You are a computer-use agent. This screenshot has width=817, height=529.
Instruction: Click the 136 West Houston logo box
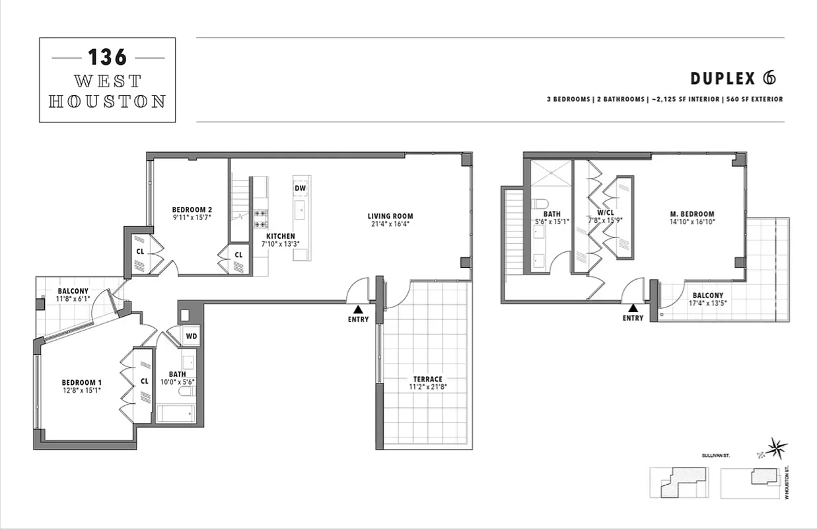pyautogui.click(x=108, y=80)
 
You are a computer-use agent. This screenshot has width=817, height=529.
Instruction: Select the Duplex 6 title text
pyautogui.click(x=732, y=78)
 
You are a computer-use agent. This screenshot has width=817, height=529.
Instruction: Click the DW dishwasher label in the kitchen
pyautogui.click(x=301, y=188)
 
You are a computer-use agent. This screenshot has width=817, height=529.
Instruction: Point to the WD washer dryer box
pyautogui.click(x=191, y=336)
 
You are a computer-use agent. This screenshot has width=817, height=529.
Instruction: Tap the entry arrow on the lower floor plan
pyautogui.click(x=357, y=309)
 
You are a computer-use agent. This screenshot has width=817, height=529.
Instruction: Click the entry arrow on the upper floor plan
pyautogui.click(x=633, y=307)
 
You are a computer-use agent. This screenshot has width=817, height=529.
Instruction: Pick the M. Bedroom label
pyautogui.click(x=692, y=214)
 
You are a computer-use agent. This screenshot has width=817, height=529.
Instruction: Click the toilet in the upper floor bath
pyautogui.click(x=539, y=204)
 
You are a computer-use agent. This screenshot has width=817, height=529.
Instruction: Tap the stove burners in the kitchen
pyautogui.click(x=260, y=218)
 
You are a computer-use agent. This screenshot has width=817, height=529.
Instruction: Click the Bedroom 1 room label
pyautogui.click(x=82, y=382)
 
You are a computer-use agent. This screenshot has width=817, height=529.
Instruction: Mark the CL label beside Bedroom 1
pyautogui.click(x=144, y=382)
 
